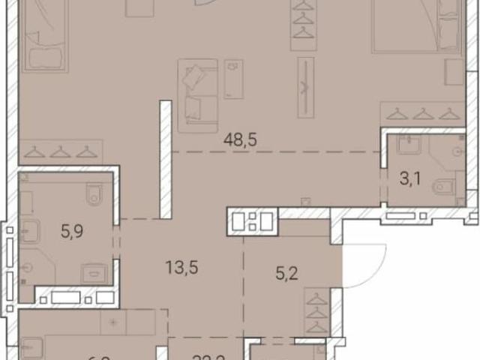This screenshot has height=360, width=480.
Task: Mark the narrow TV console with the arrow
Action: pos(305,87)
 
